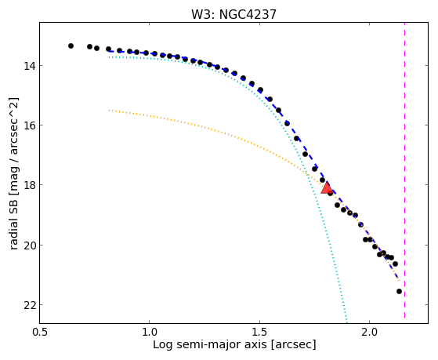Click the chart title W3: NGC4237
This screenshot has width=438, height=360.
pos(233,15)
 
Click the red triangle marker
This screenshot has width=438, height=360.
pos(327,187)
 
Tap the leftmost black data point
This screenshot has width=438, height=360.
pos(71,45)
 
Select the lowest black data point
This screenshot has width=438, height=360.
pos(399,292)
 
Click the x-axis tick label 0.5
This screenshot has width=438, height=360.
pos(40,332)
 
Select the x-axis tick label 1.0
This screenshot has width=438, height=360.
pos(150,332)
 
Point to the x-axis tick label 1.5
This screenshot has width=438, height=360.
pos(260,332)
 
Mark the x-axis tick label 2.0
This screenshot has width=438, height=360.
pos(370,332)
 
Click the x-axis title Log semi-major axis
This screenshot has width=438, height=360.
pos(210,344)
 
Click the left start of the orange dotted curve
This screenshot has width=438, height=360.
pos(109,111)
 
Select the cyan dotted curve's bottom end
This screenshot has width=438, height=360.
pos(347,322)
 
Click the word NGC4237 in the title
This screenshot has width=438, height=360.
pos(248,15)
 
